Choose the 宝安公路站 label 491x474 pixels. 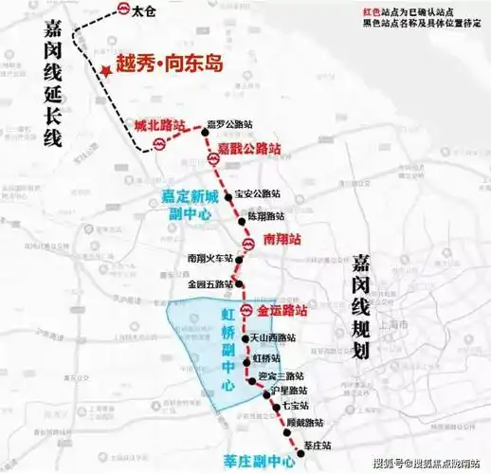point(256,195)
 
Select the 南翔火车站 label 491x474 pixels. point(209,257)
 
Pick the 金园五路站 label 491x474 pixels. point(209,283)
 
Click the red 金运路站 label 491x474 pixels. point(282,310)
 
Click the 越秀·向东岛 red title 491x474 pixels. point(169,64)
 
